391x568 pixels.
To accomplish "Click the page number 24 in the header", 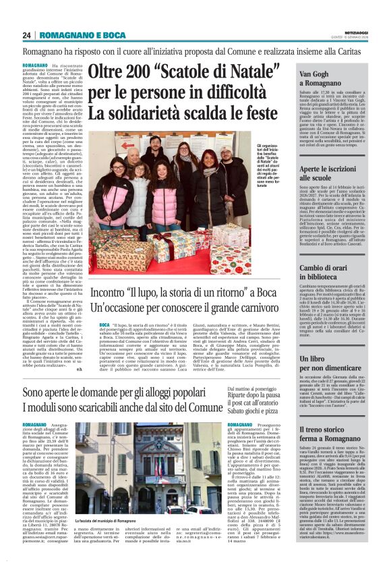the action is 27,35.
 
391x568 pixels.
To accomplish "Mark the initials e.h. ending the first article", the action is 79,369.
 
